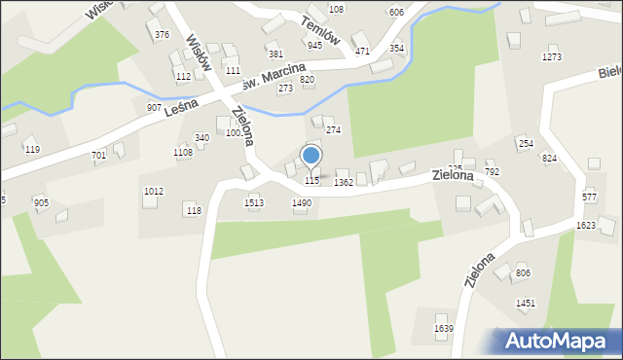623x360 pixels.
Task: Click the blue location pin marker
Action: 311,156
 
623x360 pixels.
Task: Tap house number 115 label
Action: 311,181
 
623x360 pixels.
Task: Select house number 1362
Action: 343,182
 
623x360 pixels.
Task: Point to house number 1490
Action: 302,203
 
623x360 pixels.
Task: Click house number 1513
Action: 254,203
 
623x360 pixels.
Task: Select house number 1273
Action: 552,57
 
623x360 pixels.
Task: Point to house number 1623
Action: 586,225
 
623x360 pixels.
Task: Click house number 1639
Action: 443,329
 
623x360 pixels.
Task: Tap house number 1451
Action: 526,304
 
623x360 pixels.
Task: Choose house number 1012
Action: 153,192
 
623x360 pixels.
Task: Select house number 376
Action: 162,35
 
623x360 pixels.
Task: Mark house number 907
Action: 154,107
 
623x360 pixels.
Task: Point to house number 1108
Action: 183,153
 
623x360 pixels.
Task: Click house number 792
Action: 492,172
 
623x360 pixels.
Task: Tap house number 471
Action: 362,51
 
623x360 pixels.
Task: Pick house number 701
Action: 98,156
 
